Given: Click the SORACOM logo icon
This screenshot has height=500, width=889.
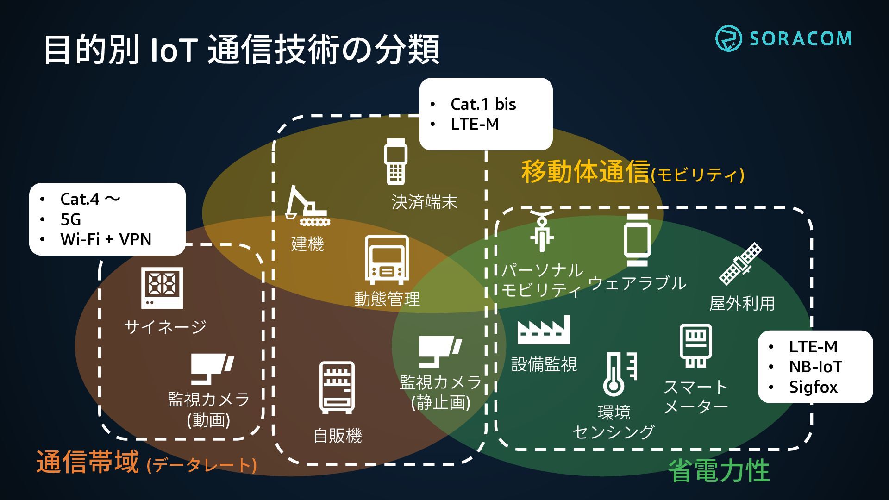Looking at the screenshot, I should [x=728, y=38].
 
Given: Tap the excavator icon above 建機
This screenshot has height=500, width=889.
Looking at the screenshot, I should [x=306, y=206].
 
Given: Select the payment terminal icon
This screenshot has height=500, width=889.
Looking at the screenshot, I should [x=395, y=162].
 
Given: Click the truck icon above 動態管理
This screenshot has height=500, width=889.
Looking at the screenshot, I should [x=387, y=260].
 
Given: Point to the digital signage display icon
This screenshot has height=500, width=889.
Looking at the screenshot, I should [x=162, y=287].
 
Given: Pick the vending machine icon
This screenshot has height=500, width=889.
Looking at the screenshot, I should [x=337, y=387].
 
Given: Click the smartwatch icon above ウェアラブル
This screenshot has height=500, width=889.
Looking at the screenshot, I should [x=637, y=240].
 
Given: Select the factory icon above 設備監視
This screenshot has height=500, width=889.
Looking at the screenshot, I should [x=544, y=330].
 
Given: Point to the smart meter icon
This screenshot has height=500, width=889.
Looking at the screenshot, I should [x=695, y=345].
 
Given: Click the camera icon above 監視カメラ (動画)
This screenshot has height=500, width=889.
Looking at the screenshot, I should [x=212, y=369].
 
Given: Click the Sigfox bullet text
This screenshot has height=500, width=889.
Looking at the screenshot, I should [x=813, y=387].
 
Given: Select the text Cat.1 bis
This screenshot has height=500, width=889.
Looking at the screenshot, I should [x=483, y=104].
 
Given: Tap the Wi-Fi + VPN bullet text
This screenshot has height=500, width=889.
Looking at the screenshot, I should [x=106, y=239].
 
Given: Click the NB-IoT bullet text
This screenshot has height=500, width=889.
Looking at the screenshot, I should [x=815, y=367].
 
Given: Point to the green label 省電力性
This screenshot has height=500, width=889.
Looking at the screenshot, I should [x=719, y=471].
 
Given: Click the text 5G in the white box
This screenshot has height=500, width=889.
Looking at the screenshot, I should [x=70, y=219].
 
